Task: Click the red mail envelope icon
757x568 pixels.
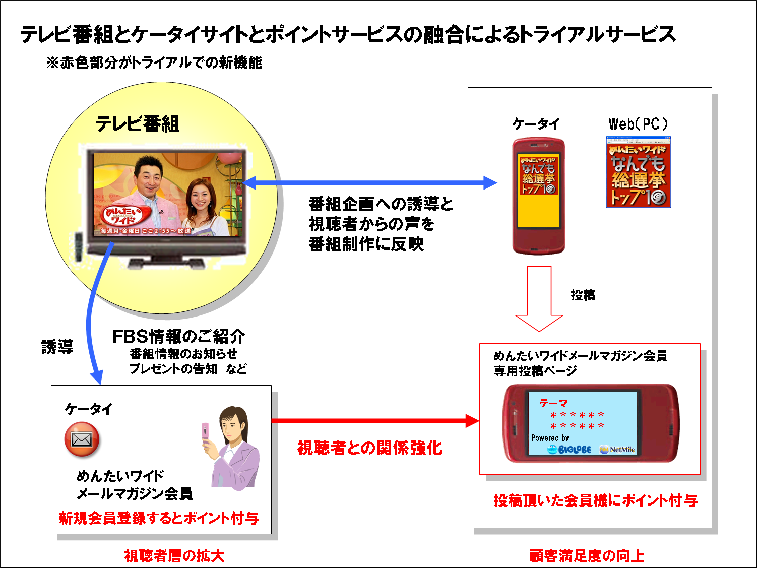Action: pyautogui.click(x=82, y=439)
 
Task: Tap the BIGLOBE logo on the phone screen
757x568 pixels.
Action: pyautogui.click(x=569, y=449)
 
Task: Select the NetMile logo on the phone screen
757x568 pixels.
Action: pyautogui.click(x=617, y=449)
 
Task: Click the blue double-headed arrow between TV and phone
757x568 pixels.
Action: pyautogui.click(x=369, y=183)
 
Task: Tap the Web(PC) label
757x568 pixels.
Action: pyautogui.click(x=638, y=123)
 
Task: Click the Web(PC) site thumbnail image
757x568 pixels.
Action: pyautogui.click(x=638, y=172)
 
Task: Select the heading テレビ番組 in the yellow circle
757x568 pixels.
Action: pyautogui.click(x=138, y=124)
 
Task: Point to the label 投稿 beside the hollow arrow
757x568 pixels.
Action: pyautogui.click(x=583, y=295)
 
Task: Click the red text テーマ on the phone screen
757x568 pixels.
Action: pyautogui.click(x=553, y=403)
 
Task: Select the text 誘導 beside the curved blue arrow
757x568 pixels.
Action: pyautogui.click(x=57, y=347)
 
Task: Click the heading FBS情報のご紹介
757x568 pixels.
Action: pyautogui.click(x=178, y=336)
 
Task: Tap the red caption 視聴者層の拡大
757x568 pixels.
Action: pyautogui.click(x=174, y=556)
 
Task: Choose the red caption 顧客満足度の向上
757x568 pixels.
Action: pyautogui.click(x=587, y=556)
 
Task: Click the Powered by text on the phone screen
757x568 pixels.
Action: pyautogui.click(x=550, y=437)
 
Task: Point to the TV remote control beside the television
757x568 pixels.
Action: pyautogui.click(x=79, y=246)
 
